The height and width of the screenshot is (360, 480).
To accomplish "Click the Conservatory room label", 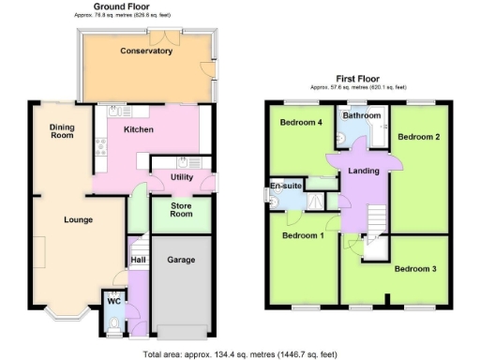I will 146,51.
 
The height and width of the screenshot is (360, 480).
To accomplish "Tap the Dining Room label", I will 62,130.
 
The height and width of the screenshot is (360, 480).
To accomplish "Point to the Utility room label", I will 181,177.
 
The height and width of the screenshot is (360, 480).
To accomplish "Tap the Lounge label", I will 79,220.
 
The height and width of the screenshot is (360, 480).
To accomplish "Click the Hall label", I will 139,259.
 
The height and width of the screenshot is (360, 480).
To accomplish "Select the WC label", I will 113,302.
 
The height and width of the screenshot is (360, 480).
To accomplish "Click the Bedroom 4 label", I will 300,122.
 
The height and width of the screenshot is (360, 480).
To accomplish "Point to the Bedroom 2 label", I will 418,137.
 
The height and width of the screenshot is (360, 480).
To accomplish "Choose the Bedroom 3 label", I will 415,270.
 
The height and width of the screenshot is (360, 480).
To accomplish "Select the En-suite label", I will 286,186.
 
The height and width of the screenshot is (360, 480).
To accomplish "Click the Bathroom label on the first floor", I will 361,115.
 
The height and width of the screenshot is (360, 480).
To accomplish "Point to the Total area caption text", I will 239,354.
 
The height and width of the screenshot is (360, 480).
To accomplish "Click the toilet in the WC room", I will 113,326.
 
